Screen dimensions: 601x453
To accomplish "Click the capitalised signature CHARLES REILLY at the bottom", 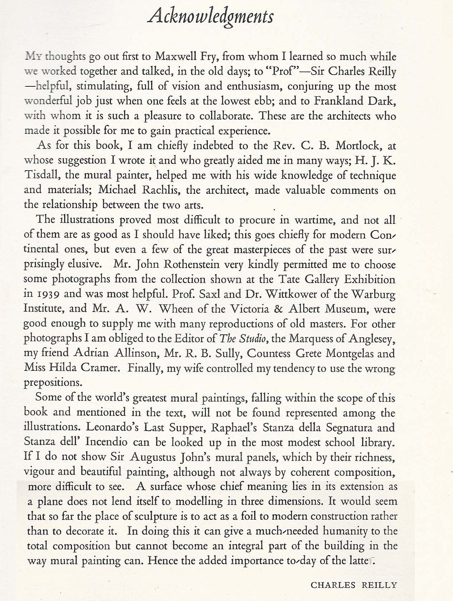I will [354, 585].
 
